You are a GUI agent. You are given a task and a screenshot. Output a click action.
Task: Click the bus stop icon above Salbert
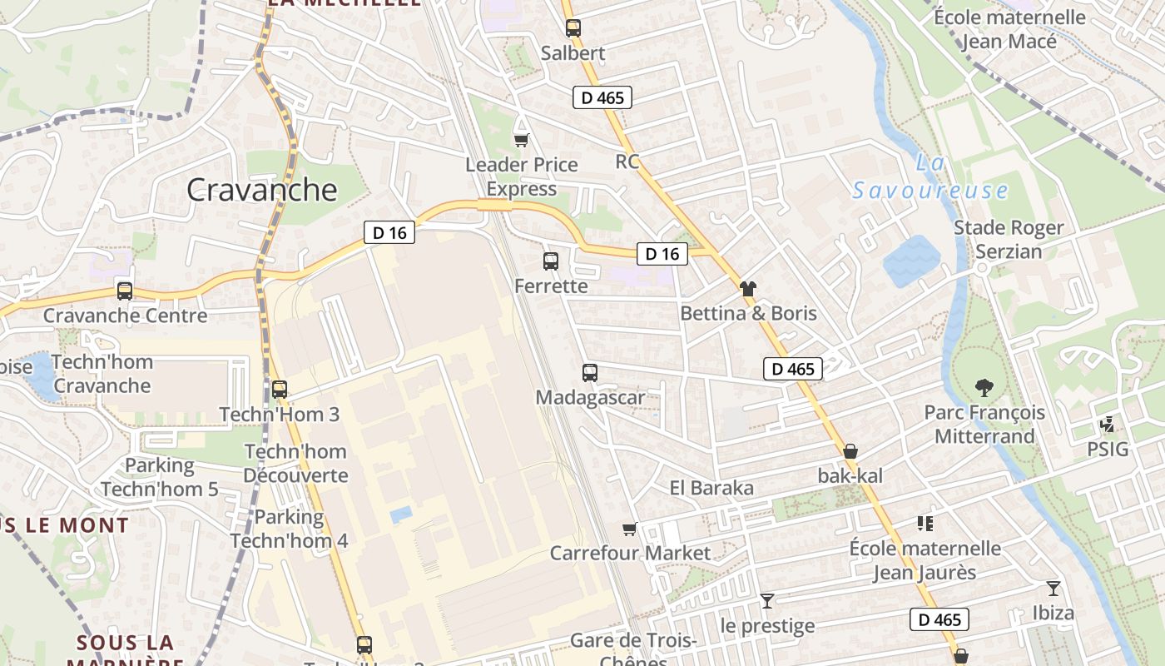[573, 28]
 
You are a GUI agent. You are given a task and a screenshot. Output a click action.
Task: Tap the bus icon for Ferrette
[550, 261]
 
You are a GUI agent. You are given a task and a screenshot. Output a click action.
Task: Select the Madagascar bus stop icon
[590, 373]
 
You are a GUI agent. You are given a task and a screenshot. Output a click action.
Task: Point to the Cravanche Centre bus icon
[125, 291]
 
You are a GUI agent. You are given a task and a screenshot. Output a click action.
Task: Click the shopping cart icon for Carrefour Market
[630, 529]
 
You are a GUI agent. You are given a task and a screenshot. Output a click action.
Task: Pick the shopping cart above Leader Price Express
[521, 140]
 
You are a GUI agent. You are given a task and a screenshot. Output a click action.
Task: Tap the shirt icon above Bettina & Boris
[748, 289]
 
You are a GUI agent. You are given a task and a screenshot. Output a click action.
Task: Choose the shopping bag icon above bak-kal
[850, 452]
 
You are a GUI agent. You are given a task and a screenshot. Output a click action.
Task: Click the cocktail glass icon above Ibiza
[1053, 589]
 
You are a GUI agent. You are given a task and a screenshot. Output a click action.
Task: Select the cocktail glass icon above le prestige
[766, 600]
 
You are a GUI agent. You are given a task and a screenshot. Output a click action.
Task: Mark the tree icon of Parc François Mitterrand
[984, 387]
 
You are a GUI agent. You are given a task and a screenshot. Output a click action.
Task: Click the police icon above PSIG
[1108, 425]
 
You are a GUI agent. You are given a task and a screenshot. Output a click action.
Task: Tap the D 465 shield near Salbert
[602, 97]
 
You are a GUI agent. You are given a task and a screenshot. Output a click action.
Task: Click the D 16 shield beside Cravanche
[389, 233]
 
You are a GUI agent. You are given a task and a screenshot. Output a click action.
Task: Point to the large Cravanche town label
[262, 190]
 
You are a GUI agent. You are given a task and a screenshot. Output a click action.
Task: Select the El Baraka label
[711, 488]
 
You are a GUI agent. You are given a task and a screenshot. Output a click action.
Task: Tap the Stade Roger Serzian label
[1009, 239]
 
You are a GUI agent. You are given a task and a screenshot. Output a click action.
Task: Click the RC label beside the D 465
[627, 161]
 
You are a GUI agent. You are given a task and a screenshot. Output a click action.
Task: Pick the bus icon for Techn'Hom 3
[280, 389]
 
